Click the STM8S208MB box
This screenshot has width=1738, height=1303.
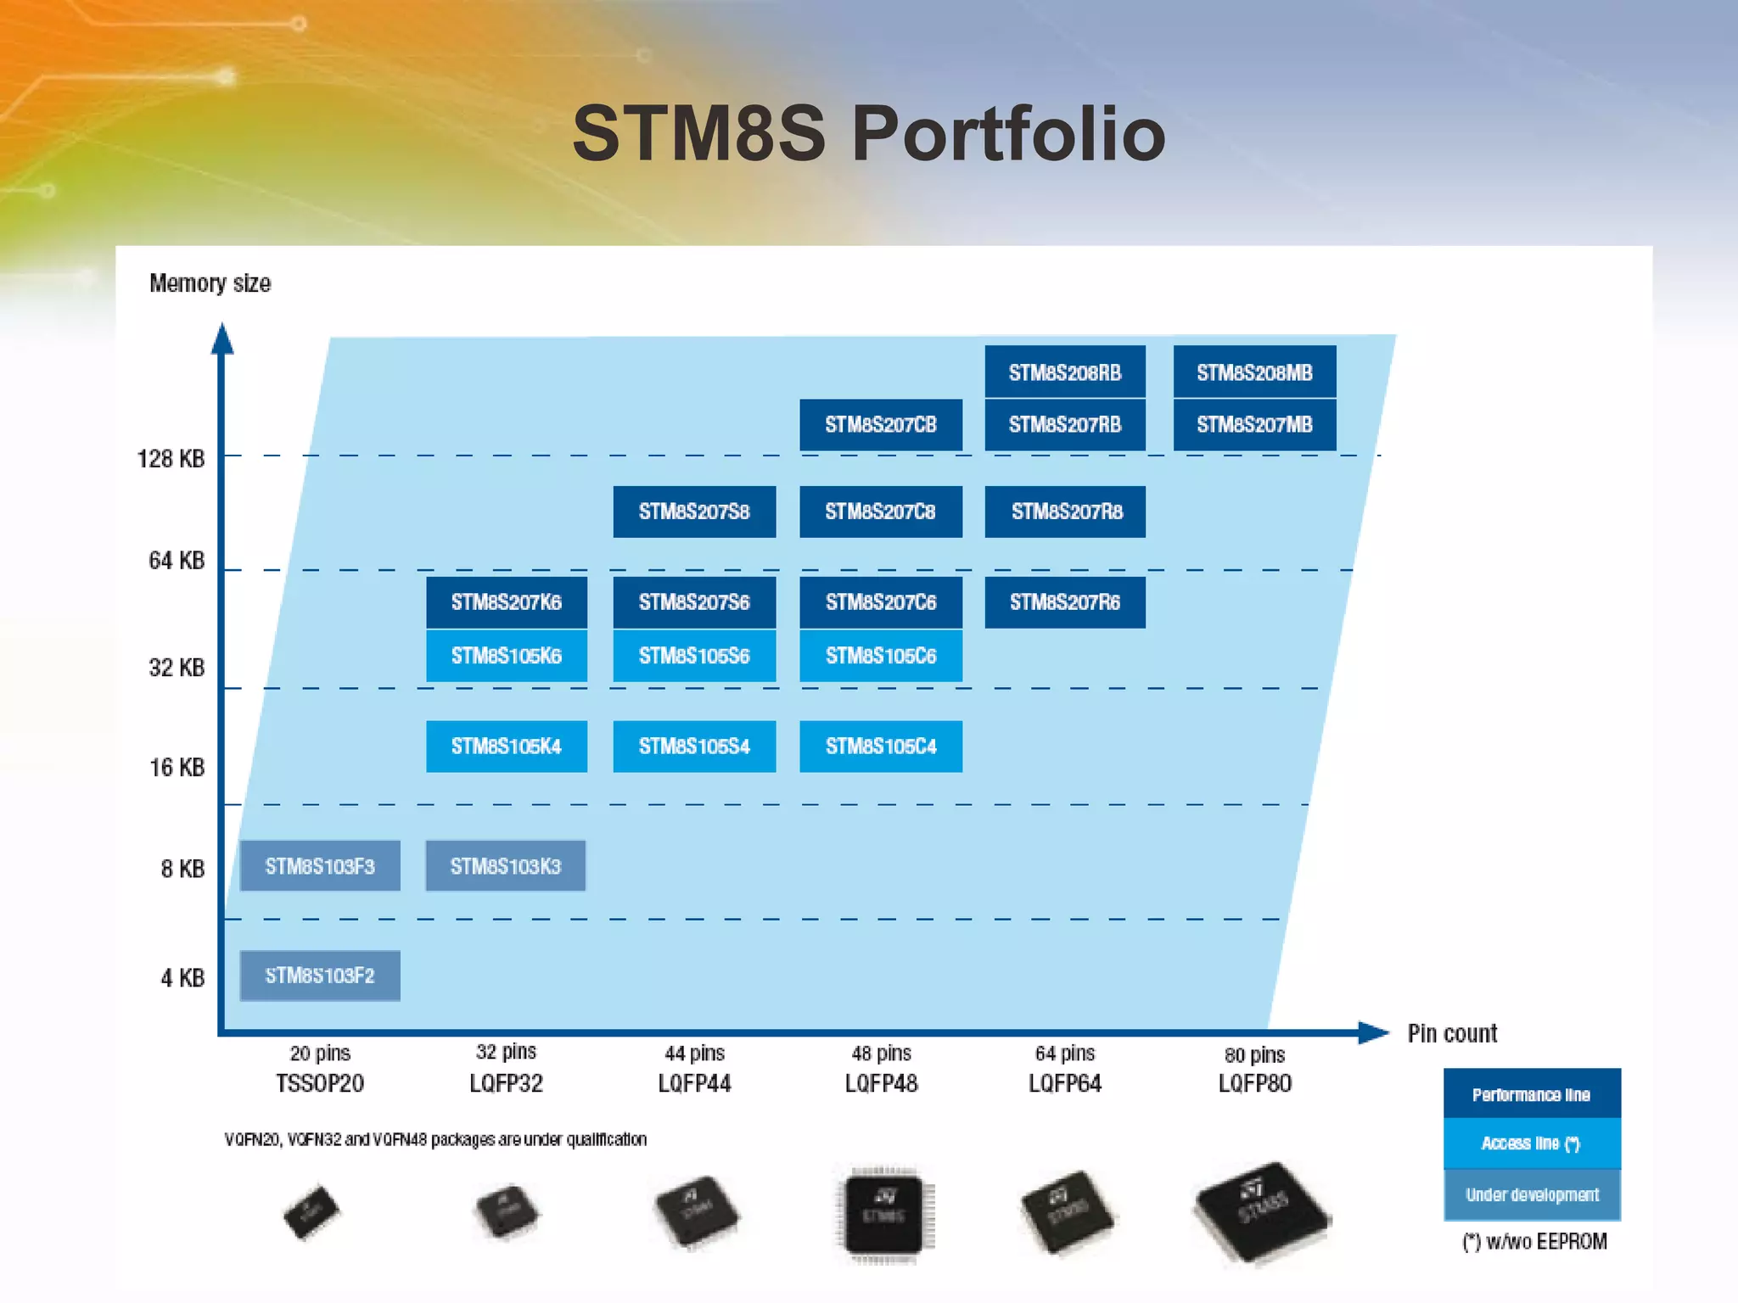pyautogui.click(x=1254, y=372)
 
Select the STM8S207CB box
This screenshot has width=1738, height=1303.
pyautogui.click(x=881, y=424)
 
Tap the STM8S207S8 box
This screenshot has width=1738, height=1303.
pyautogui.click(x=694, y=512)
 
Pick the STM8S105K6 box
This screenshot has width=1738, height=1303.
pyautogui.click(x=507, y=655)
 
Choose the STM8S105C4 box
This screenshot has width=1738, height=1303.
pyautogui.click(x=881, y=747)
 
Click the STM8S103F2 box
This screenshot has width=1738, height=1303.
pyautogui.click(x=320, y=976)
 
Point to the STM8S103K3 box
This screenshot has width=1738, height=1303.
pyautogui.click(x=506, y=866)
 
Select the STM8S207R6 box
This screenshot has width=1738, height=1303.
pyautogui.click(x=1065, y=602)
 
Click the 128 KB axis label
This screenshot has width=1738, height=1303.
pyautogui.click(x=171, y=459)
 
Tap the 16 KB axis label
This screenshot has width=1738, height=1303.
pyautogui.click(x=177, y=768)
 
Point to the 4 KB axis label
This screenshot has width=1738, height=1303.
pyautogui.click(x=182, y=978)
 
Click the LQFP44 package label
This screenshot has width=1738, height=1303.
pyautogui.click(x=694, y=1083)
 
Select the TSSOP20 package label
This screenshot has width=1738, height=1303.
pyautogui.click(x=320, y=1083)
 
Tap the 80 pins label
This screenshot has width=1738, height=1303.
pyautogui.click(x=1254, y=1054)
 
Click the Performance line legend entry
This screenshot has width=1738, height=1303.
pyautogui.click(x=1532, y=1094)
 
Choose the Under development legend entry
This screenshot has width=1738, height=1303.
pyautogui.click(x=1532, y=1194)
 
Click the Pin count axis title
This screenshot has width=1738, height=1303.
pyautogui.click(x=1452, y=1033)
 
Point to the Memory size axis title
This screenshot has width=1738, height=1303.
pyautogui.click(x=210, y=283)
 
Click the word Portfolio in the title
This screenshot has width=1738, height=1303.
pyautogui.click(x=1008, y=133)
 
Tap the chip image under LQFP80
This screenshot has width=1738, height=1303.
pyautogui.click(x=1261, y=1213)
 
